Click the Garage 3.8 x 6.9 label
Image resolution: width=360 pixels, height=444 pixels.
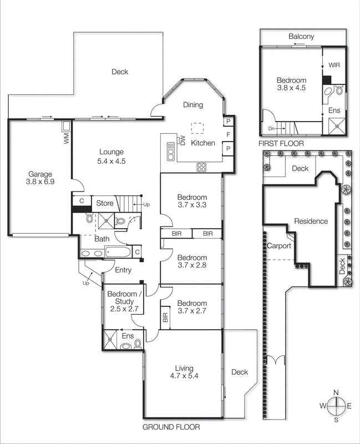(38, 177)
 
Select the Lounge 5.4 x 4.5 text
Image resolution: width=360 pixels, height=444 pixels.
(111, 157)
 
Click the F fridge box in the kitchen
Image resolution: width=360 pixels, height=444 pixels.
(227, 134)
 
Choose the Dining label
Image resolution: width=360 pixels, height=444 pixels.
(193, 105)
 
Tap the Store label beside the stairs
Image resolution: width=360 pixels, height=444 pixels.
(105, 203)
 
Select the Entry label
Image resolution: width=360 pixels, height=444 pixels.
(123, 270)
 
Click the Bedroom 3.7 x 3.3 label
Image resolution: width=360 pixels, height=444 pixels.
(192, 201)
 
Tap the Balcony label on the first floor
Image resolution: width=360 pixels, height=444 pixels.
(301, 37)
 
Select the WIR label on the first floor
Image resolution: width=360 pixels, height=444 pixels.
(334, 65)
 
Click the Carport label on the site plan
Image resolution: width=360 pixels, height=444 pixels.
(280, 246)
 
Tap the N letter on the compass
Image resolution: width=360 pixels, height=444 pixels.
(336, 393)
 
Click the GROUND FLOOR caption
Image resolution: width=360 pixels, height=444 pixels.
(171, 427)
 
